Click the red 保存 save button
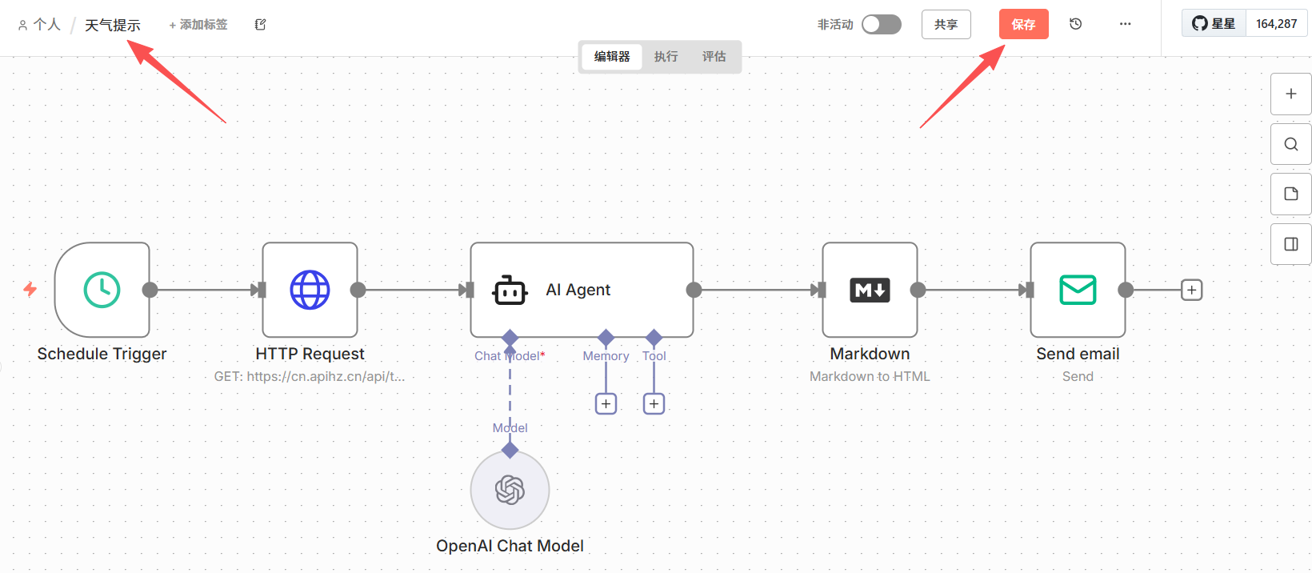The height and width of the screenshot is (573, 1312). point(1023,25)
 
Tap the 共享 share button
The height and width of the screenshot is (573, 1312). point(946,25)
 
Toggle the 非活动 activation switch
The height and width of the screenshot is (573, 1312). point(881,25)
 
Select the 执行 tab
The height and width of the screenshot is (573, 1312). point(666,56)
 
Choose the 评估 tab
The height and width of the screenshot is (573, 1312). point(714,56)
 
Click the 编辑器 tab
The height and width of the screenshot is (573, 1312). point(612,56)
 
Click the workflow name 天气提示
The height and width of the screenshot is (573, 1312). point(113,25)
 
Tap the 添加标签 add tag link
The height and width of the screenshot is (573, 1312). point(198,25)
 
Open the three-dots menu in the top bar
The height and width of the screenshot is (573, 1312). point(1125,24)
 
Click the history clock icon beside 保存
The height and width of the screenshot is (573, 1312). point(1075,24)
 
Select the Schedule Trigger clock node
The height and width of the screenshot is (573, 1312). point(102,290)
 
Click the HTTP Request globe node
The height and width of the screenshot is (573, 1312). point(310,290)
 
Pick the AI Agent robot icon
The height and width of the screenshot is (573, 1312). point(510,290)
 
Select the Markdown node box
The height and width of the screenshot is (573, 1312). point(870,290)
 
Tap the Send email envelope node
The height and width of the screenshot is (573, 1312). point(1078,290)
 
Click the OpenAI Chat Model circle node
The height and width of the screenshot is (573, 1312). point(510,490)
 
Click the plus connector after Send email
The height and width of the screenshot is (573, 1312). point(1191,290)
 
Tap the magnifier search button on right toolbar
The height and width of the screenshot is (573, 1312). point(1291,144)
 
